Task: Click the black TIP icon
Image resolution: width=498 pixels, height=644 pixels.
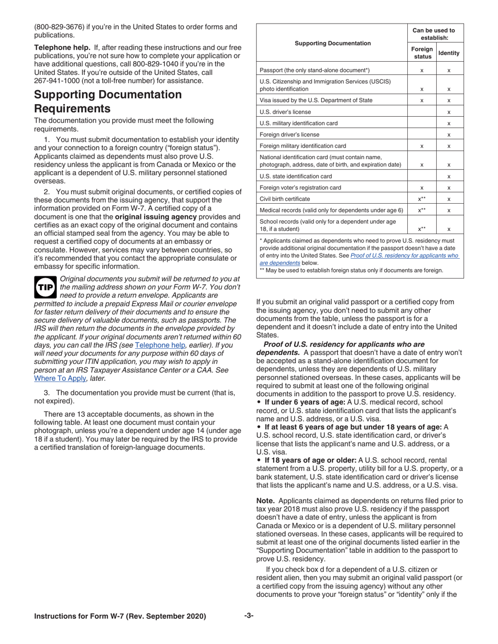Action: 46,287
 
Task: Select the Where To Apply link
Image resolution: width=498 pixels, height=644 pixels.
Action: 60,378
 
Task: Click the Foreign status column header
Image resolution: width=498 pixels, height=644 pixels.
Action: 422,53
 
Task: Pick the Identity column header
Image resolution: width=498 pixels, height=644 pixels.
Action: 449,53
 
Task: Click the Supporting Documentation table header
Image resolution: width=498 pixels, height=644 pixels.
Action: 332,43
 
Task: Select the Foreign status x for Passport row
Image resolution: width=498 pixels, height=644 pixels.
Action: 422,70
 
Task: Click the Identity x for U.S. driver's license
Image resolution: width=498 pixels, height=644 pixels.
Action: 449,112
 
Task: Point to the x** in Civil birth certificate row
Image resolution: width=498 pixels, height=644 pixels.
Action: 422,199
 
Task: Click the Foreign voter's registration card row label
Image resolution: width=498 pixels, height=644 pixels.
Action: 300,187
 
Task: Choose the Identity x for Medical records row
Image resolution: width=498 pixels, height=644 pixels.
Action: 449,210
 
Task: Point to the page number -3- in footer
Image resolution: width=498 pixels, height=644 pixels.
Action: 248,616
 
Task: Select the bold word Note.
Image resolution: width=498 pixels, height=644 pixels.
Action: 265,501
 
